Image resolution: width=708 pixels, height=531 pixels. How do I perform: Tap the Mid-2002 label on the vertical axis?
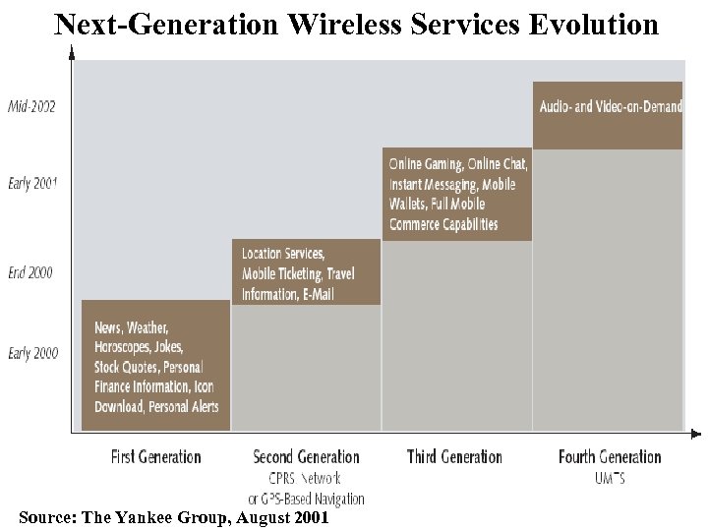(32, 106)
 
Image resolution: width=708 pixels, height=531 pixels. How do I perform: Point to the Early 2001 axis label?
(32, 183)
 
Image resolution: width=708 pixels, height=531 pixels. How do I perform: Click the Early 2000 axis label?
(32, 353)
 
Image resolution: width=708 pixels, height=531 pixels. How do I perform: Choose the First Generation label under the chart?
(155, 456)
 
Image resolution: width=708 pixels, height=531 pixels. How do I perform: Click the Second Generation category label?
(306, 456)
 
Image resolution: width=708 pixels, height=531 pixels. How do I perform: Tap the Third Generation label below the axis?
(454, 456)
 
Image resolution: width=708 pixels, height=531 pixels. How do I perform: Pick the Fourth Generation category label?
(610, 456)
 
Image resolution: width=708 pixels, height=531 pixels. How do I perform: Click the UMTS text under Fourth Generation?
(610, 478)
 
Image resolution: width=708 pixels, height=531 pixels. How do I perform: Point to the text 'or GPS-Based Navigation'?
(306, 499)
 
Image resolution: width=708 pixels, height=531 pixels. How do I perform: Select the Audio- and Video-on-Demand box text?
(610, 106)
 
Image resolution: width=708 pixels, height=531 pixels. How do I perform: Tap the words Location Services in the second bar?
(283, 254)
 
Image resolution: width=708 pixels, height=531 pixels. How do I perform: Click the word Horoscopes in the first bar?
(125, 347)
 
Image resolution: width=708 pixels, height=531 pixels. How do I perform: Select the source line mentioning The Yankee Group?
(173, 518)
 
